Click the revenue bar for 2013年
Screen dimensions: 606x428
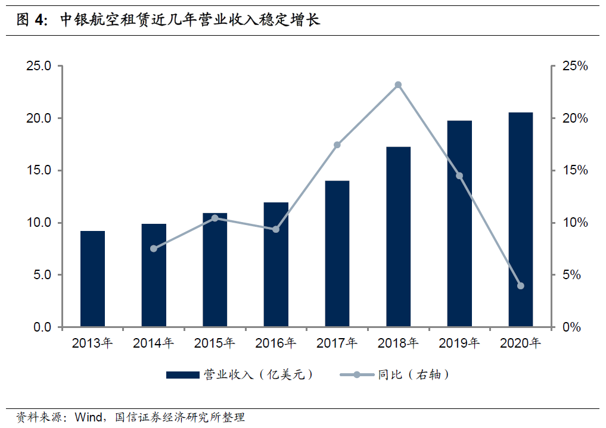[x=92, y=279]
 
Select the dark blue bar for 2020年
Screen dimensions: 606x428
[x=521, y=220]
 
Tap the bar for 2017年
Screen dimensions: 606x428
[x=337, y=254]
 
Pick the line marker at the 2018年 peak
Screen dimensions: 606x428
[x=398, y=85]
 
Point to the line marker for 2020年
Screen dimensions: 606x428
[x=521, y=286]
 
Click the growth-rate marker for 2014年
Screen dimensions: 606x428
[x=154, y=249]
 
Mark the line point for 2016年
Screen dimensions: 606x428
[x=276, y=229]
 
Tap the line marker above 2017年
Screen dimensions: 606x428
[x=337, y=145]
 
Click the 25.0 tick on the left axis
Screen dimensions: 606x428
[x=39, y=66]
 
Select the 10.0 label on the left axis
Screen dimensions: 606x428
[x=39, y=223]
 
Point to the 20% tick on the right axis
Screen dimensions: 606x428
[x=575, y=118]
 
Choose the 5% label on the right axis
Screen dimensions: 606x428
[x=571, y=275]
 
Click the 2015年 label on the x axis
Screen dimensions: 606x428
[x=215, y=343]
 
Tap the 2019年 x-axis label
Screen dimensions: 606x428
[x=459, y=343]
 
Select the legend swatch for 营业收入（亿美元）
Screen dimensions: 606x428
[x=183, y=375]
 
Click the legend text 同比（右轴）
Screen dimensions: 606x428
[x=413, y=374]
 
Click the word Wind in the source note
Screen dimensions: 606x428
[x=89, y=417]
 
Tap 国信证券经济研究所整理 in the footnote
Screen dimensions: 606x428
[x=180, y=417]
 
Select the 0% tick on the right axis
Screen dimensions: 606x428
[x=571, y=327]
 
